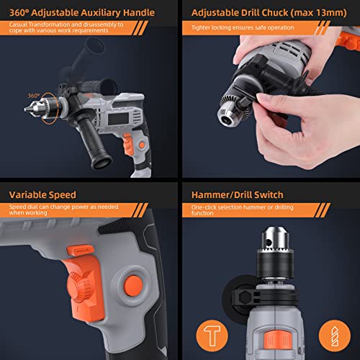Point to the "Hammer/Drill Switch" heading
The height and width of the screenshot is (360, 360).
237,194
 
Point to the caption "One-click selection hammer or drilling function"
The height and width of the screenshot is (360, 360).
238,210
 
